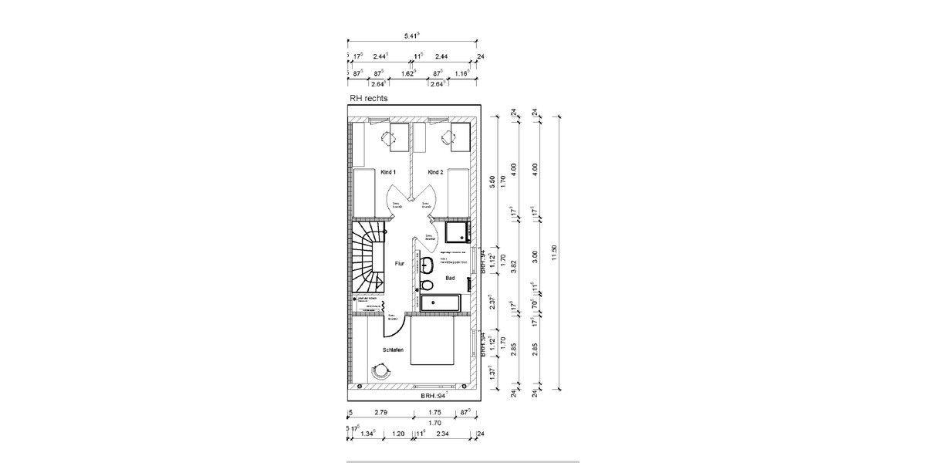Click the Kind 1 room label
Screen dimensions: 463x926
388,172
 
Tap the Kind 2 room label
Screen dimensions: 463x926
435,172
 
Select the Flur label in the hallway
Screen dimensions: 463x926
400,264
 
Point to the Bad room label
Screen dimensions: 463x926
450,278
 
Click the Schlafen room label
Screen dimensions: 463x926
393,350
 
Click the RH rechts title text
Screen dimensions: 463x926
369,99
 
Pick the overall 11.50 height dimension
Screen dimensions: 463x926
554,255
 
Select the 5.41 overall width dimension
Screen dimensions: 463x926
411,35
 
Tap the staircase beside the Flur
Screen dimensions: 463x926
368,259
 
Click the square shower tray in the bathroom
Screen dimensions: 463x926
456,232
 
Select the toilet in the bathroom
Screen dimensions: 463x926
427,286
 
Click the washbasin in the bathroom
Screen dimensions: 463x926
426,266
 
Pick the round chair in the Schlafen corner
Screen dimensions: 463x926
379,371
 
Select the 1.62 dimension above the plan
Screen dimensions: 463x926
409,73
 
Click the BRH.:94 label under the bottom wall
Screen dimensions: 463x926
433,395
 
